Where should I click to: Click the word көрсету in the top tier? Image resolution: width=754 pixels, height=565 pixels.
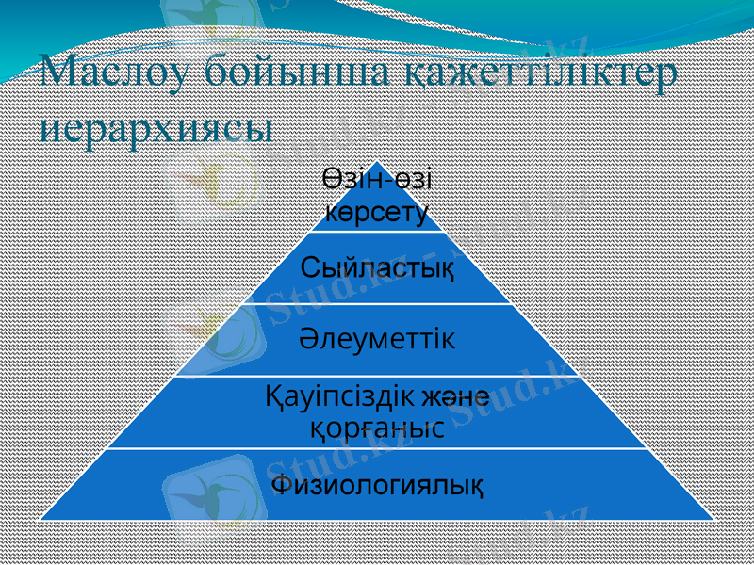[377, 209]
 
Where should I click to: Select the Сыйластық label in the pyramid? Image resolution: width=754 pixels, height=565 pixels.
[377, 267]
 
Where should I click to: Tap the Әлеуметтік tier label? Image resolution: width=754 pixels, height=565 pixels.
[377, 339]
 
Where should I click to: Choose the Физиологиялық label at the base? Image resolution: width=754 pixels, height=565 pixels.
[377, 485]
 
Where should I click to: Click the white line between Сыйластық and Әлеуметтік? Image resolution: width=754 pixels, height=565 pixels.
[377, 303]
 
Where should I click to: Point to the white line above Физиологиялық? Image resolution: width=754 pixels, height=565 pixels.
[377, 448]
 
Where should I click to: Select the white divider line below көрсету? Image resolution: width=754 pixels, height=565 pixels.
[377, 231]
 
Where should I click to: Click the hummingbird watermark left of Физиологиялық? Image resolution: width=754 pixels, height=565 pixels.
[207, 490]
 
